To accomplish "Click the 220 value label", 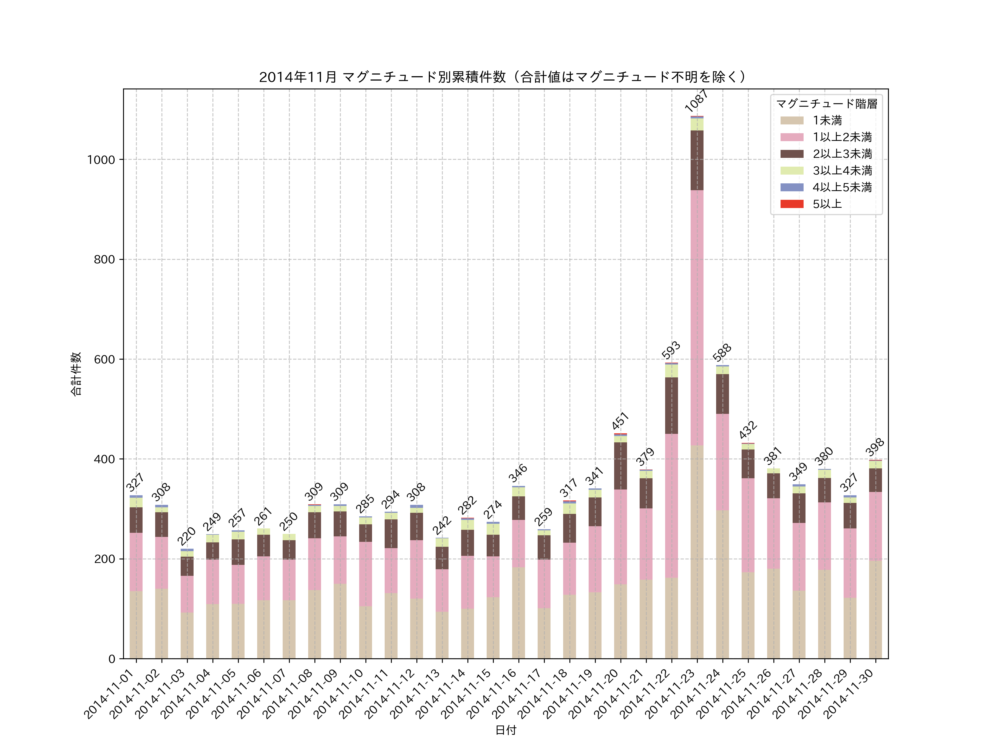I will [x=186, y=536].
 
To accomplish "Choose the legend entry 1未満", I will [x=827, y=120].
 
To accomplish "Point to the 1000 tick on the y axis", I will [x=101, y=160].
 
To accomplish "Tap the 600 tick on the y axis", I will [x=104, y=359].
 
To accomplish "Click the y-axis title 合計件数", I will [x=76, y=374].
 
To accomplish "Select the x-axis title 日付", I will [x=506, y=730].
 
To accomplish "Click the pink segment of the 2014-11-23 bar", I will [x=697, y=318].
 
